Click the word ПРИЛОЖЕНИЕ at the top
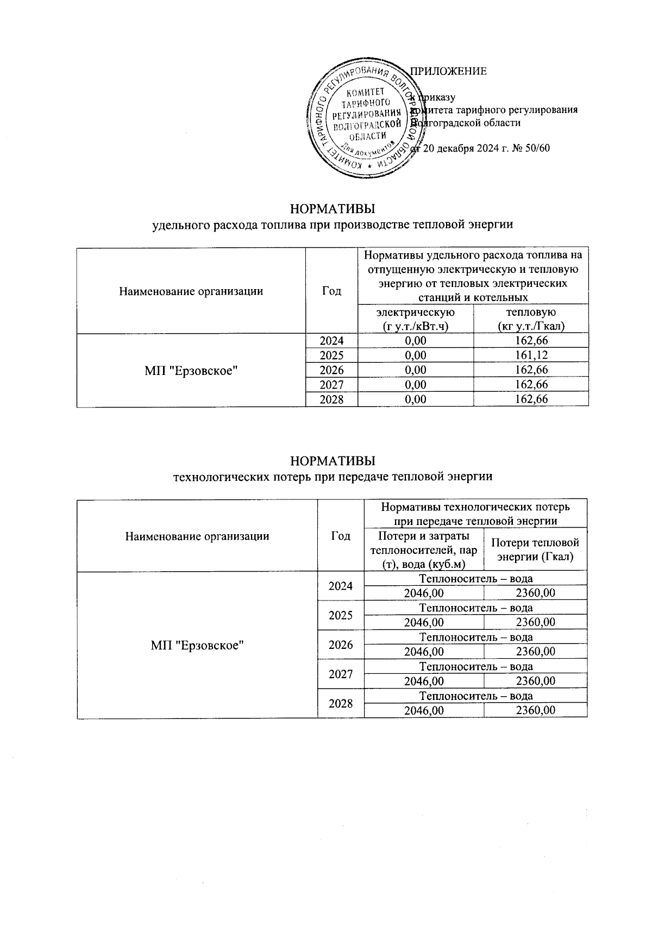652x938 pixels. tap(448, 71)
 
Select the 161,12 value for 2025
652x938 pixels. tap(531, 355)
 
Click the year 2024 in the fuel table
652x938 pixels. tap(331, 341)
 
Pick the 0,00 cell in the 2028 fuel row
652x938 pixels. tap(416, 399)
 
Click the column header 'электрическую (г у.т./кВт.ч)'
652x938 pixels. tap(416, 319)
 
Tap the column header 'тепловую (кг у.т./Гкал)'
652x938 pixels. tap(531, 319)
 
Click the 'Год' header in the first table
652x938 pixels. tap(331, 291)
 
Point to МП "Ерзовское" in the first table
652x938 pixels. tap(192, 370)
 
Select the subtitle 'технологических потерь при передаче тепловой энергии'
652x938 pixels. tap(333, 477)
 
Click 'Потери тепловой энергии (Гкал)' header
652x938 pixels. tap(535, 549)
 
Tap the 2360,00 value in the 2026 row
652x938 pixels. tap(535, 652)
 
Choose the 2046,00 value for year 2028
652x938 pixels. tap(424, 710)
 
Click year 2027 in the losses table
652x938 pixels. tap(341, 674)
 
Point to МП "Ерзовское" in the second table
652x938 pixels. tap(197, 645)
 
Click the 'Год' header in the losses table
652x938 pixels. tap(341, 536)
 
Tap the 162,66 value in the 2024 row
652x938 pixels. tap(531, 341)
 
